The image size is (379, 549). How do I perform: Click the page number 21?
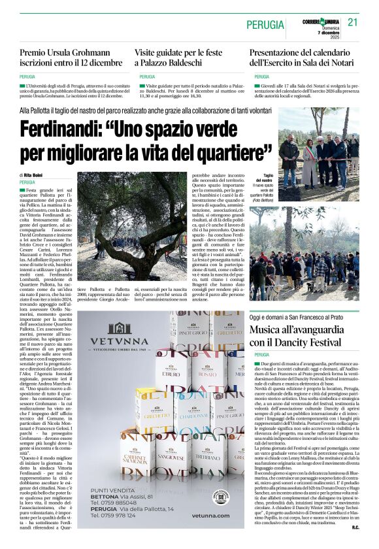click(353, 22)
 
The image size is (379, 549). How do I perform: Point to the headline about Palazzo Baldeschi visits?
click(177, 57)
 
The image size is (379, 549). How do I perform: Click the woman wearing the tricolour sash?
click(309, 163)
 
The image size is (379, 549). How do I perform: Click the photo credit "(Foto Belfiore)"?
click(264, 199)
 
